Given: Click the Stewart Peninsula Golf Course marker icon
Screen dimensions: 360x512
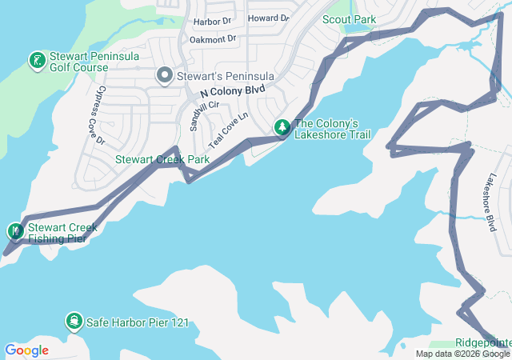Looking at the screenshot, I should [37, 60].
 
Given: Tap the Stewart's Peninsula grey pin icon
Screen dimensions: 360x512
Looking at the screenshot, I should [166, 76].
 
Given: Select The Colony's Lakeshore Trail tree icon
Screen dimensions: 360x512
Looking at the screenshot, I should [282, 127].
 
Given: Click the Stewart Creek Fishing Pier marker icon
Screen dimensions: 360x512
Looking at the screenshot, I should [16, 232].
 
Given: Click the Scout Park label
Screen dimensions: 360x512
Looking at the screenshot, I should [348, 19].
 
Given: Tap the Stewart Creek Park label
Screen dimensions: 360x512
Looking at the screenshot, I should [162, 160].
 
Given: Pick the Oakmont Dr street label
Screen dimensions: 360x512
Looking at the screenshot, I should [214, 38].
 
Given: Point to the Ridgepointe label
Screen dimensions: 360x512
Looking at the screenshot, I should [483, 342].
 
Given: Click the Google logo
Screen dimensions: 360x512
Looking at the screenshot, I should [26, 350].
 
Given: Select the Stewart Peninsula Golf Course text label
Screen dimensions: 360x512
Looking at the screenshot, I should [94, 62].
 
